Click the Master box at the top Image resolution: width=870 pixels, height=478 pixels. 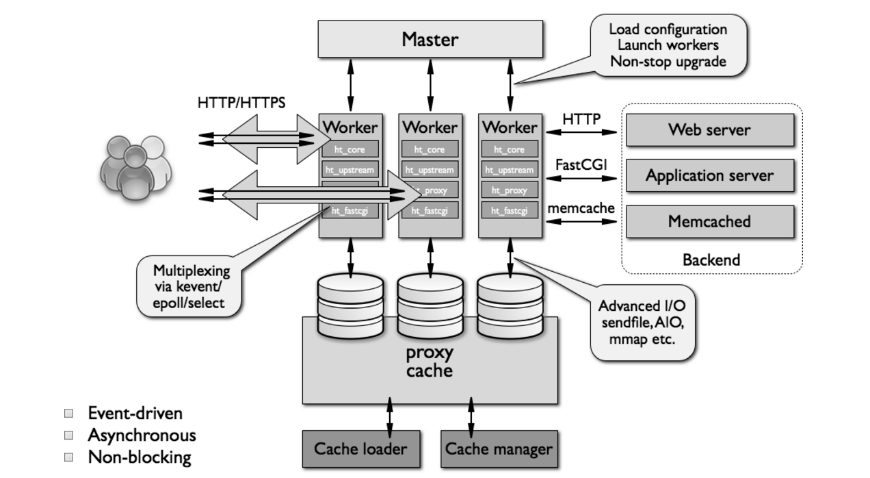(430, 39)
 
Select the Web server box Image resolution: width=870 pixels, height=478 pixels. (709, 129)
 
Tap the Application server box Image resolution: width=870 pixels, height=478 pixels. (709, 175)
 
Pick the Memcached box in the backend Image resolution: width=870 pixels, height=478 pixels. (709, 221)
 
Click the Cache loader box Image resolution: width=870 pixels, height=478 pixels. (360, 449)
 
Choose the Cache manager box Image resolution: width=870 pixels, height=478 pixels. (499, 449)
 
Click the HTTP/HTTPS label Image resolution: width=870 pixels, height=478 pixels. (241, 103)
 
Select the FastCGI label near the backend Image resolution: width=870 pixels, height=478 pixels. (581, 164)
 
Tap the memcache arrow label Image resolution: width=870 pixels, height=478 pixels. (581, 208)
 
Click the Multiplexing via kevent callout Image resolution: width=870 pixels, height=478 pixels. (191, 286)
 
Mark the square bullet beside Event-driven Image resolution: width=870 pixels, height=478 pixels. (68, 414)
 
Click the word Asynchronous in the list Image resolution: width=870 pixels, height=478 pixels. (142, 435)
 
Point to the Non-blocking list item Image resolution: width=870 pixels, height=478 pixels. (139, 457)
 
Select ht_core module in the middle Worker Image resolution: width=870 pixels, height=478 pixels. (429, 149)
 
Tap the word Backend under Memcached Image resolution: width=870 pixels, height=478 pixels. (711, 260)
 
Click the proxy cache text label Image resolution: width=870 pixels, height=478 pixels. (430, 362)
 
